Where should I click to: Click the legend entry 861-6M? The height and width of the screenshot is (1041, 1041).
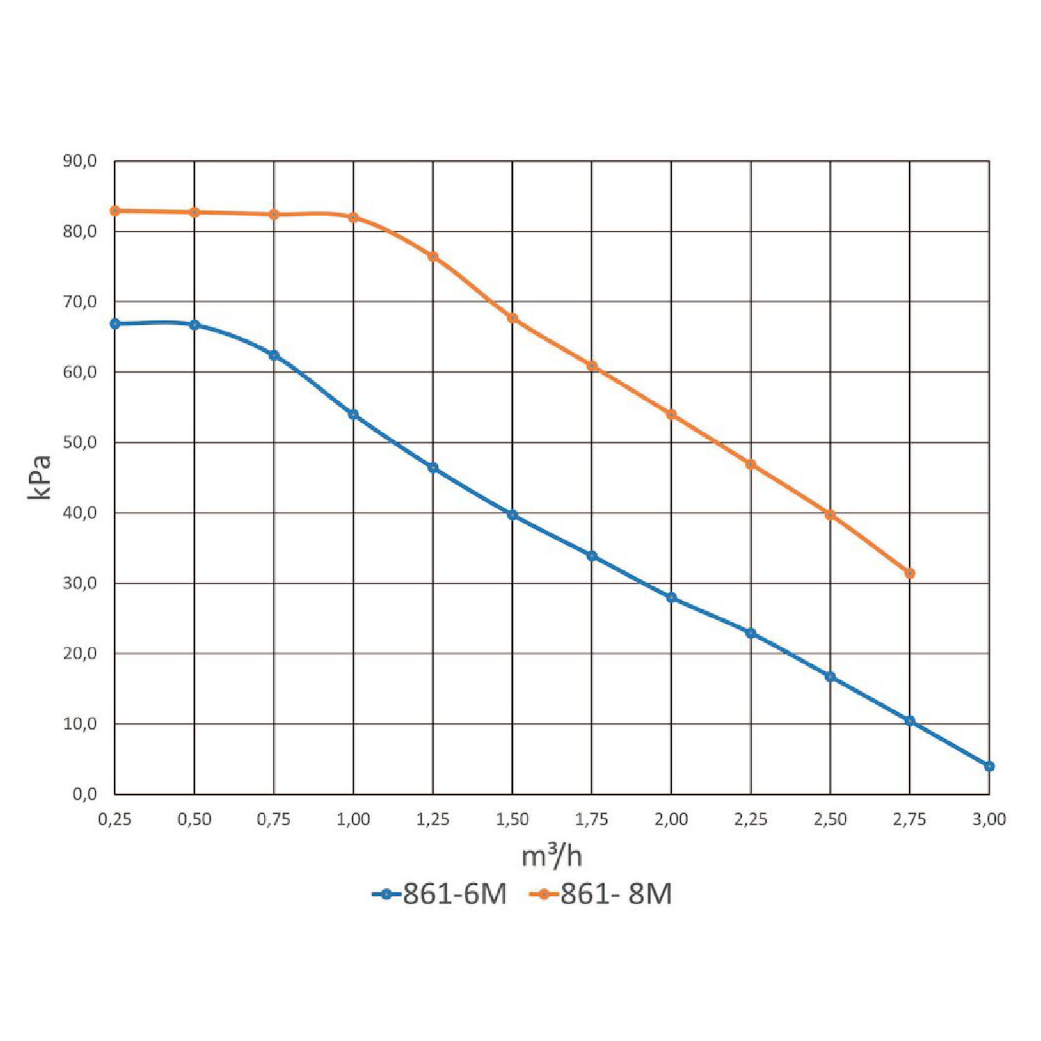pyautogui.click(x=440, y=894)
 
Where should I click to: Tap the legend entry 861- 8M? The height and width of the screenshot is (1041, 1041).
pyautogui.click(x=601, y=894)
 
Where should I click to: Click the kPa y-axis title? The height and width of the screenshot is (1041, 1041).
pyautogui.click(x=40, y=477)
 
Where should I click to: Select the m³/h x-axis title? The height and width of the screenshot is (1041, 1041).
pyautogui.click(x=552, y=856)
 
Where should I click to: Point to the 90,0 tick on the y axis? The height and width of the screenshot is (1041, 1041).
pyautogui.click(x=79, y=161)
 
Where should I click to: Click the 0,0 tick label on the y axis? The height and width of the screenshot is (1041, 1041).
pyautogui.click(x=84, y=794)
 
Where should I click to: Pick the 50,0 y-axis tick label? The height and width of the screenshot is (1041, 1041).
pyautogui.click(x=79, y=443)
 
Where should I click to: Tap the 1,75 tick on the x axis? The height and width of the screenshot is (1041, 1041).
pyautogui.click(x=591, y=820)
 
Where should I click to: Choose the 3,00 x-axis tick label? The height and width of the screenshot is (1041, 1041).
pyautogui.click(x=989, y=820)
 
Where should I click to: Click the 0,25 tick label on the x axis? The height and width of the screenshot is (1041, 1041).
pyautogui.click(x=115, y=820)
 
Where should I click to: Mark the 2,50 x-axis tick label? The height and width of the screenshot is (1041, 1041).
pyautogui.click(x=830, y=820)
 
